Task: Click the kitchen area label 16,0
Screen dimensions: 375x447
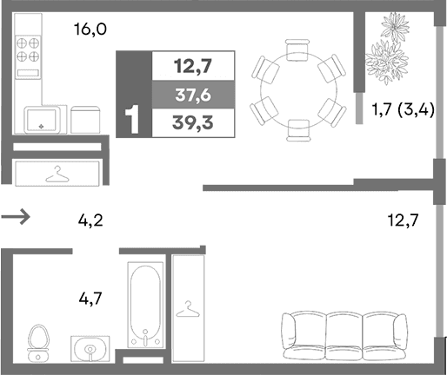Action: (x=91, y=30)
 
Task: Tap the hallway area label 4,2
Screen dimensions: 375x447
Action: (x=91, y=220)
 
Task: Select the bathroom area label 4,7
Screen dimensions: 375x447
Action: (x=91, y=300)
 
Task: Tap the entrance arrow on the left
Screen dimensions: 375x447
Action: (x=17, y=217)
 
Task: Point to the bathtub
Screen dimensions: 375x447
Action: (x=145, y=306)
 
